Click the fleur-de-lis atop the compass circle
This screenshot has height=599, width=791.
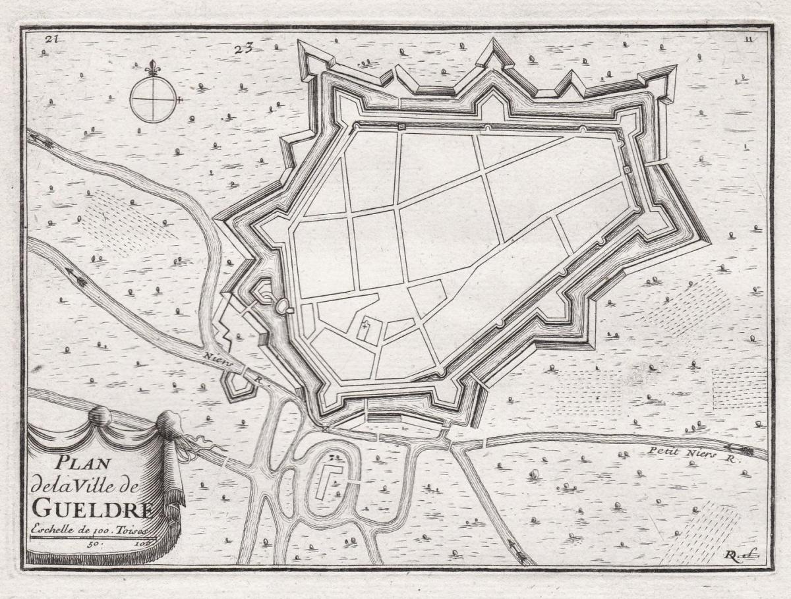point(153,68)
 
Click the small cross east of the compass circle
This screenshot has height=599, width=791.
point(179,100)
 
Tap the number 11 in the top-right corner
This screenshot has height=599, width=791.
point(748,39)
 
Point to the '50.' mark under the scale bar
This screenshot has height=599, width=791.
point(92,544)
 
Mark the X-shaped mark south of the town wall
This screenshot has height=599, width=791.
point(325,428)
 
